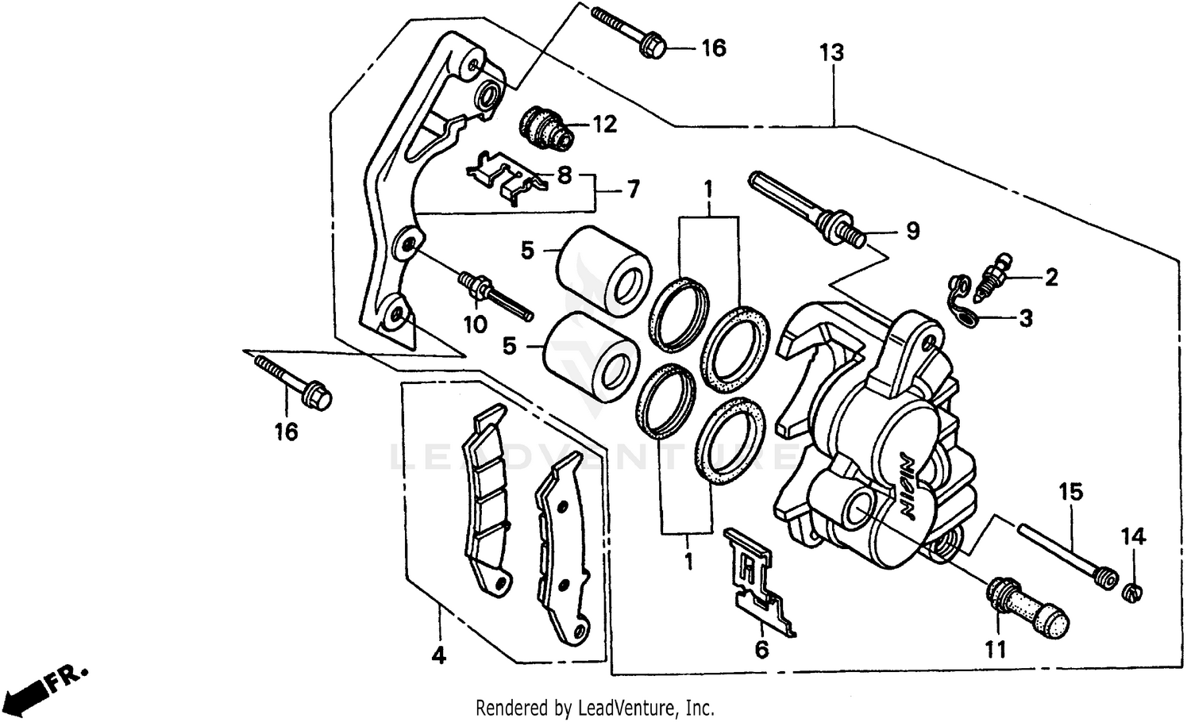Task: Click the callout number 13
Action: (x=831, y=53)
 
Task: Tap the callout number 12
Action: (x=603, y=125)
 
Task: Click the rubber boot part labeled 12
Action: (x=545, y=127)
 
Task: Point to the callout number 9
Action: (x=912, y=231)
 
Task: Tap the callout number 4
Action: (x=438, y=655)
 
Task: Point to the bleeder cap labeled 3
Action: (x=962, y=302)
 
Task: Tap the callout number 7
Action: (x=632, y=190)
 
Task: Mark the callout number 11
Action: (x=996, y=650)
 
